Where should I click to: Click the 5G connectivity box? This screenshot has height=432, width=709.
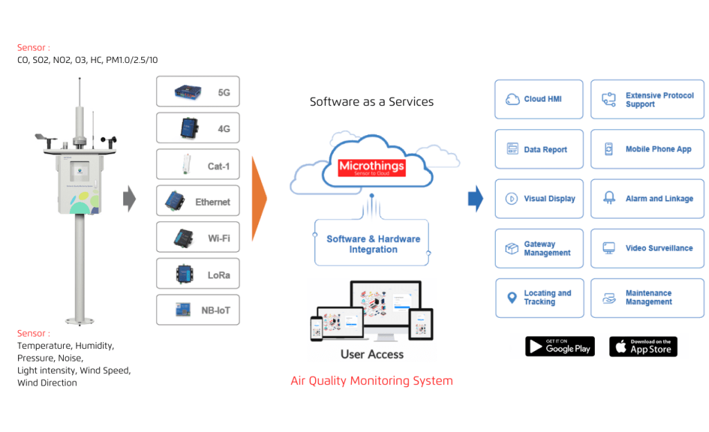198,91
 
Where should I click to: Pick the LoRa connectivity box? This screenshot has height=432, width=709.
198,274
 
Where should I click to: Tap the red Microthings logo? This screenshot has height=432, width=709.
372,168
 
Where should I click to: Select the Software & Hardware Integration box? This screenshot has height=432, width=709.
373,244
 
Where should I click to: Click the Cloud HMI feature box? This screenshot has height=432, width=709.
539,99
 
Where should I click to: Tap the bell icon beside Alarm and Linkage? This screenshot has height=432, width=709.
609,198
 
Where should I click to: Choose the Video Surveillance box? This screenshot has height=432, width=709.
647,248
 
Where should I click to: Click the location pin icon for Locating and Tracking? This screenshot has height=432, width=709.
512,298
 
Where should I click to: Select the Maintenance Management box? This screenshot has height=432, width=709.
647,298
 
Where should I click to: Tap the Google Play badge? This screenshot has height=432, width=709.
559,346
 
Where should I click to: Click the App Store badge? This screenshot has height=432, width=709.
643,346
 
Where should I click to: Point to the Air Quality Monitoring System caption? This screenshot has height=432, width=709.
372,381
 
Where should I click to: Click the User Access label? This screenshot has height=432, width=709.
372,354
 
